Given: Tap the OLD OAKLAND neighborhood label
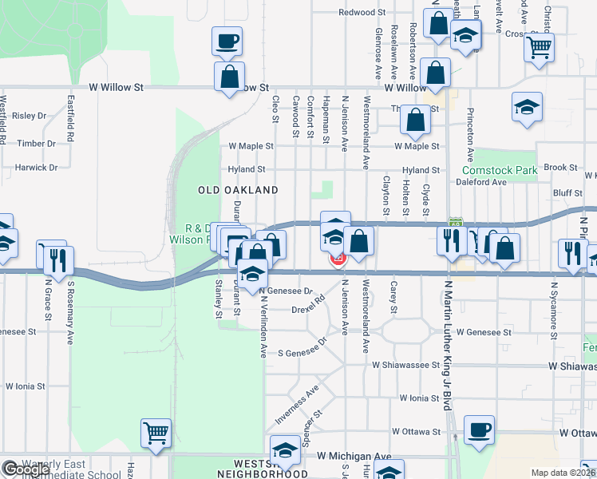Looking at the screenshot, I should tap(238, 190).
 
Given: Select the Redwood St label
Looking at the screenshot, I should tap(362, 13).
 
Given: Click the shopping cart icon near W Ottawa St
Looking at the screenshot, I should tap(156, 433).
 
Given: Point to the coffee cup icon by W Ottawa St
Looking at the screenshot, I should tap(479, 430).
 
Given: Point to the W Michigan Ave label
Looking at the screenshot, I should tap(354, 456).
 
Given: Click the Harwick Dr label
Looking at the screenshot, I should tap(37, 168).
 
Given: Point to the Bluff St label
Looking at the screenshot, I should tap(567, 193).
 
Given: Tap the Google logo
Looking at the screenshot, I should tap(26, 469).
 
